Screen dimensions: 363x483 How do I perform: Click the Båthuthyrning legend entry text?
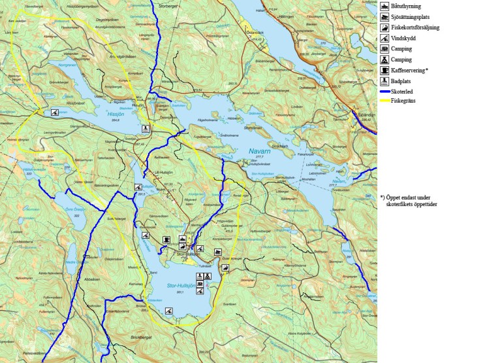click(409, 6)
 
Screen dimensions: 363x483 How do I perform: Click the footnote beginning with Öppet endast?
click(408, 200)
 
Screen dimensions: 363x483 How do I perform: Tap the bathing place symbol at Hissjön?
click(148, 129)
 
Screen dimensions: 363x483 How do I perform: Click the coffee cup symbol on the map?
click(167, 239)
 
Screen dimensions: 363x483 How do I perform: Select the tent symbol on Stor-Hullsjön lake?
click(207, 277)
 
